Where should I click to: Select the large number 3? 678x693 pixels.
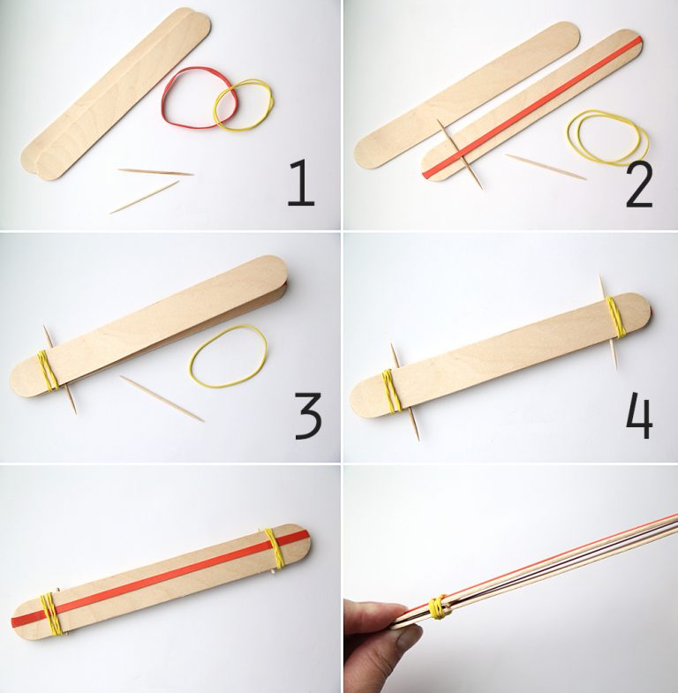tap(307, 417)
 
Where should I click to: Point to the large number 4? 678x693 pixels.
tap(639, 415)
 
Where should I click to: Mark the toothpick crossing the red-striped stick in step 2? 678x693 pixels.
tap(459, 155)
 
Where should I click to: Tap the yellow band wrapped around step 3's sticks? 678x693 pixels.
tap(48, 371)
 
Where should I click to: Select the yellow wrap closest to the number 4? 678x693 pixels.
tap(615, 317)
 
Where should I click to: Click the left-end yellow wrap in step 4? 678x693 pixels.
tap(388, 388)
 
